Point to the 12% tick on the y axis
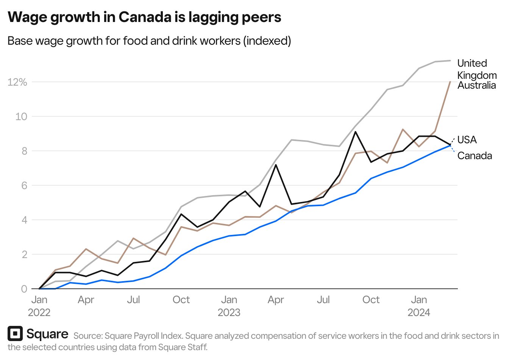coord(17,82)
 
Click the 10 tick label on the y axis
coord(21,116)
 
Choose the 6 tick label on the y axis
coord(24,185)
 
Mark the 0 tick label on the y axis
coord(24,289)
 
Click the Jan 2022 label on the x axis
coord(39,306)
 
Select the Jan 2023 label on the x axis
coord(229,306)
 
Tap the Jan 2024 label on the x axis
coord(419,306)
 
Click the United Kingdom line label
coord(476,69)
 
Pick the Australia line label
coord(476,85)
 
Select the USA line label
coord(467,140)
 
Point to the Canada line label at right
coord(475,156)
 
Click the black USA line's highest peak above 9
coord(355,132)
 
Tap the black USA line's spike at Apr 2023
coord(276,165)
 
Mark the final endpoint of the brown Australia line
coord(450,81)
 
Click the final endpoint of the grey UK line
coord(450,61)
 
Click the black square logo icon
coord(15,333)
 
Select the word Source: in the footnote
coord(88,336)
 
